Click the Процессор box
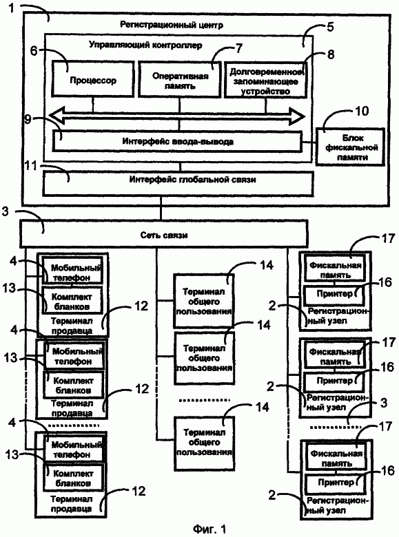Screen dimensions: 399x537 (92, 78)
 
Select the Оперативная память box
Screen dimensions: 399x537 (179, 79)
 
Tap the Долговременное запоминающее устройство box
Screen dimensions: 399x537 (265, 79)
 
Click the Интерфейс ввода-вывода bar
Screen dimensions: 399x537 (177, 140)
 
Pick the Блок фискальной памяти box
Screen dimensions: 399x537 (350, 147)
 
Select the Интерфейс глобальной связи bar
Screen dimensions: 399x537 (178, 184)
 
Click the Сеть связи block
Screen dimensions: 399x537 (164, 234)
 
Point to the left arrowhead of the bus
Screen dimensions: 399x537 (57, 116)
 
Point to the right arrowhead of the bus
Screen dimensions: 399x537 (297, 116)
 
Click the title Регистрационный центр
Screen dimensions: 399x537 (172, 25)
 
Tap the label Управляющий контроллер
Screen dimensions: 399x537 (145, 45)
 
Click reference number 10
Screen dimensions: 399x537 (361, 111)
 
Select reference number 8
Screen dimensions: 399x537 (331, 54)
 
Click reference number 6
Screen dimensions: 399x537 (34, 51)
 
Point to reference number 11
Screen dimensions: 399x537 (31, 166)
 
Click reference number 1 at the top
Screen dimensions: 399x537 (12, 8)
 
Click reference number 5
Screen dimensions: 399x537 (330, 27)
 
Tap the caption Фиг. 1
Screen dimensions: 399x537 (209, 529)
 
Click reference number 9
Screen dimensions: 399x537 (28, 119)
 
